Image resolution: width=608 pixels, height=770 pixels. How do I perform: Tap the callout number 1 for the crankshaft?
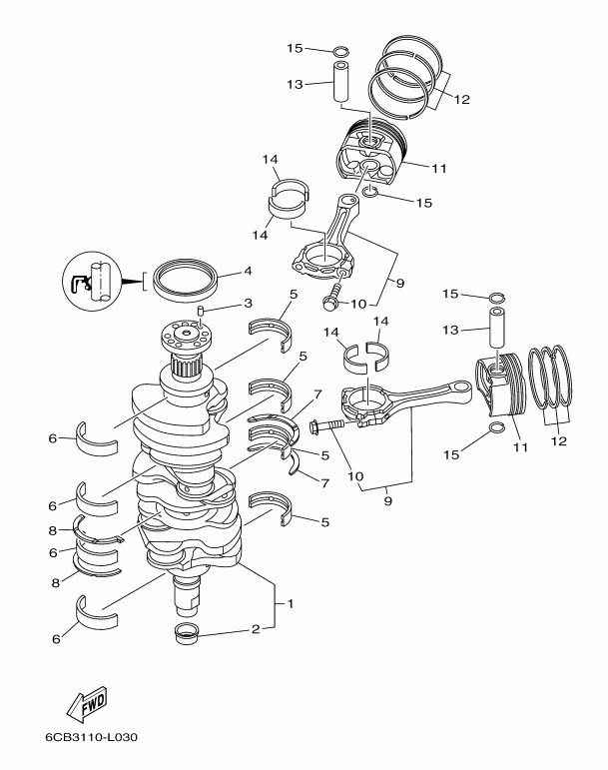click(x=291, y=603)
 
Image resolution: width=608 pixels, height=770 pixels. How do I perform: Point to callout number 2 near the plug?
click(x=256, y=629)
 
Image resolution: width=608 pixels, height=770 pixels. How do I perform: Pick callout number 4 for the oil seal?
click(x=248, y=271)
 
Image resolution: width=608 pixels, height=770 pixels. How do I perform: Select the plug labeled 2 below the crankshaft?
click(x=187, y=631)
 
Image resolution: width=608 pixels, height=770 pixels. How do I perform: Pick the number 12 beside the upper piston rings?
click(x=461, y=98)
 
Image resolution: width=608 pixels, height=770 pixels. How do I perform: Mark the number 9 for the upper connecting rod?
click(x=398, y=284)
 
